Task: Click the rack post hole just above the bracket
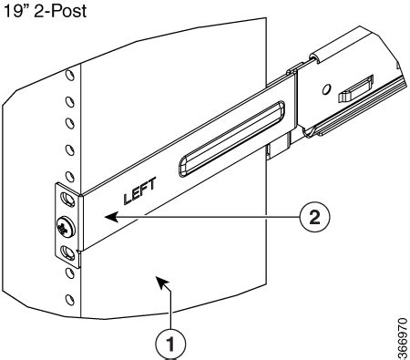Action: (69, 171)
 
